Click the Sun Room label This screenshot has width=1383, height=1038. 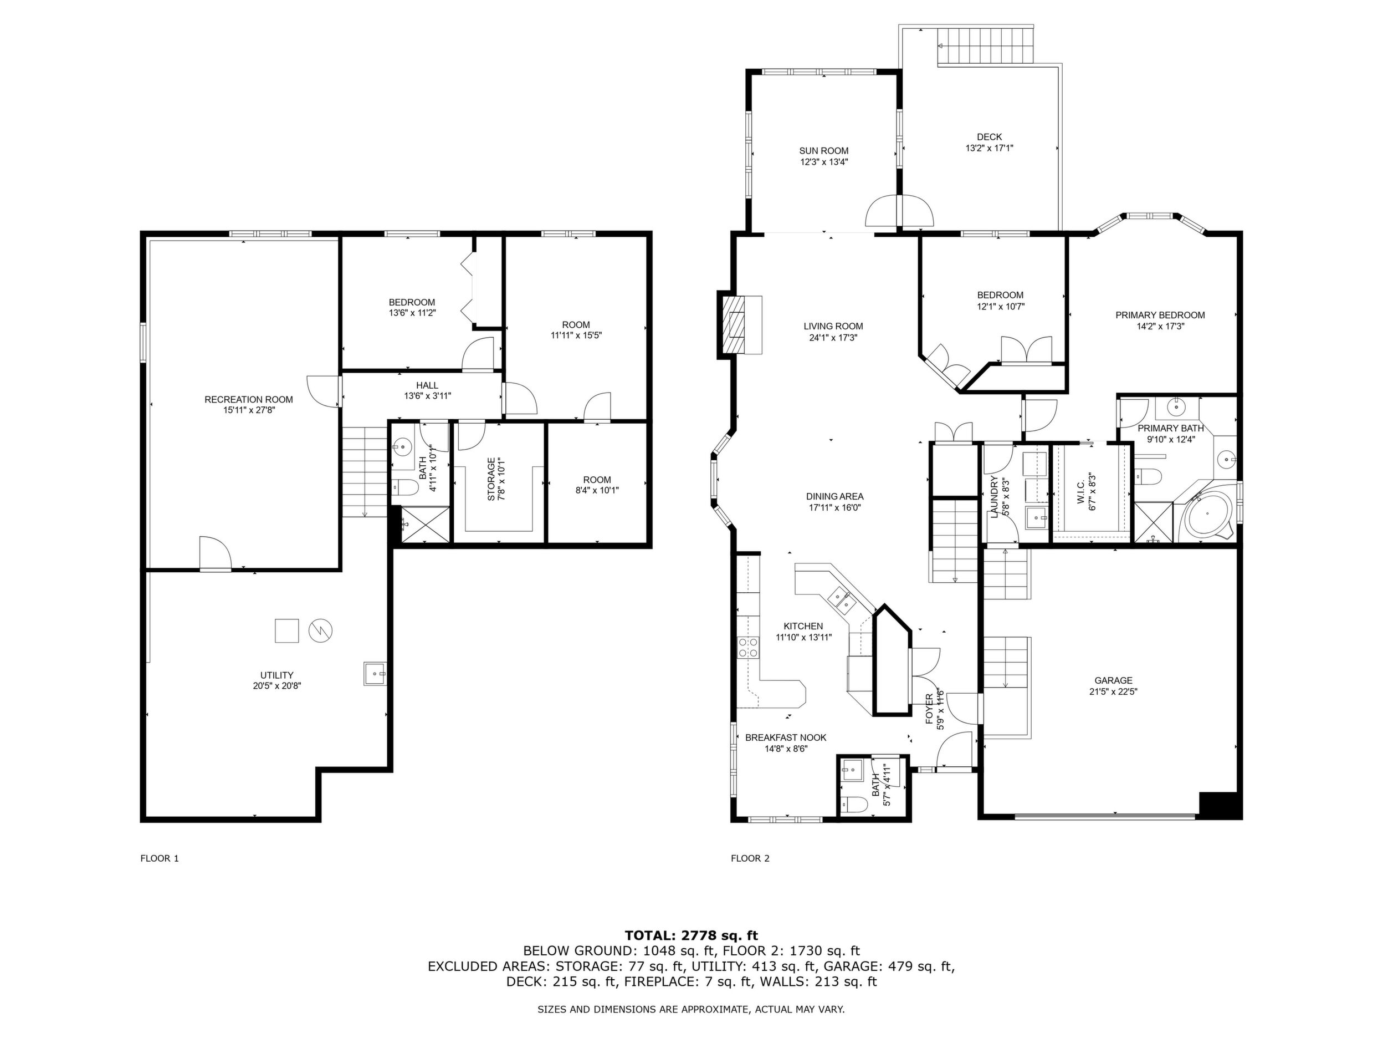[x=823, y=151]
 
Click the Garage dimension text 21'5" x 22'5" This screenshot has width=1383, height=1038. [x=1113, y=692]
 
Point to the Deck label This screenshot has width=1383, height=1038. [x=989, y=137]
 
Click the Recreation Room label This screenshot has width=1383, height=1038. [x=249, y=400]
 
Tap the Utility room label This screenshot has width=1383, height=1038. [x=277, y=675]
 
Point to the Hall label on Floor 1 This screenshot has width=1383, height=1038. [x=427, y=385]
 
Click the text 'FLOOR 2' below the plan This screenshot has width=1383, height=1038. [x=750, y=858]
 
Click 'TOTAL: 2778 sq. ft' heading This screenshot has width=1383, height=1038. [x=691, y=935]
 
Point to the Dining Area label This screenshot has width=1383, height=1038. [x=834, y=497]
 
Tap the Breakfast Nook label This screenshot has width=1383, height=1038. [x=786, y=737]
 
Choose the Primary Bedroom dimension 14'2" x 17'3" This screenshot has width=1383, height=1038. [x=1160, y=326]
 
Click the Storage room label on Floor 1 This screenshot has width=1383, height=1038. [x=491, y=479]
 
